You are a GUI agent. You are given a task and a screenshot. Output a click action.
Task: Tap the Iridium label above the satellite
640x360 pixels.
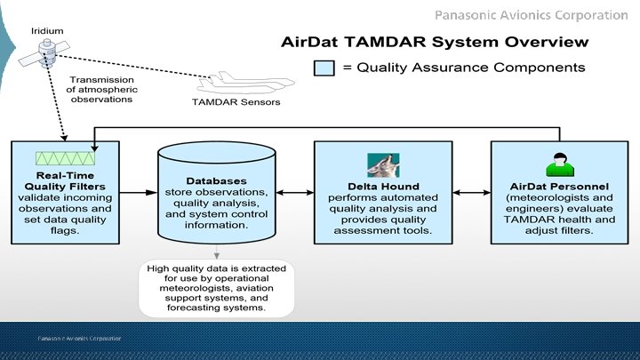pos(47,28)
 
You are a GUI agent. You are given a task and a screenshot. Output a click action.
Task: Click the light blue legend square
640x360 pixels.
pos(323,68)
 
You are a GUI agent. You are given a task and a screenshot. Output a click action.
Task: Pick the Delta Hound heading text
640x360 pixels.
pos(385,185)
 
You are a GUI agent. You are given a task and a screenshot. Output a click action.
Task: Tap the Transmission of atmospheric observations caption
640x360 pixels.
pos(101,89)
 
